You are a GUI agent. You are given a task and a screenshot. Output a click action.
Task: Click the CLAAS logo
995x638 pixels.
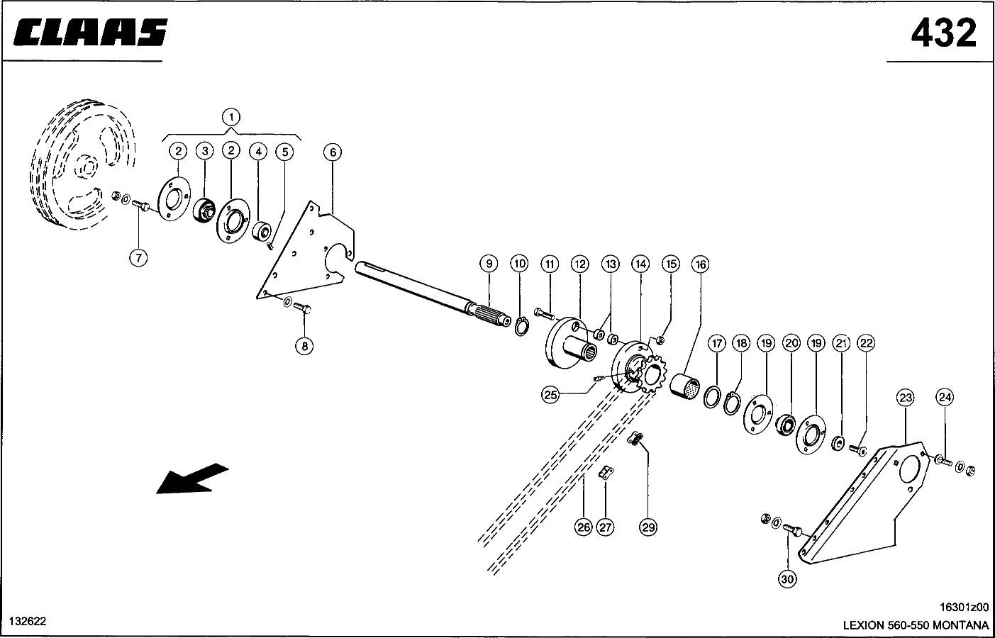91,32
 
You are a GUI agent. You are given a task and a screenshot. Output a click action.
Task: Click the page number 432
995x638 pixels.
943,33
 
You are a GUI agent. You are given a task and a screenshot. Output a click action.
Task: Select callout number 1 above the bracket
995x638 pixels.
231,118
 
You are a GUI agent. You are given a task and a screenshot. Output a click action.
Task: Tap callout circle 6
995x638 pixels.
333,152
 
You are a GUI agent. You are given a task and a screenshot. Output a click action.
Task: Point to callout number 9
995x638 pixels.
489,264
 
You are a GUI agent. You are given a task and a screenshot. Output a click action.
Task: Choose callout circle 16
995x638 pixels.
701,265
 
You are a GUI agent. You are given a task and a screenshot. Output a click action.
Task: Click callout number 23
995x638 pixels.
905,398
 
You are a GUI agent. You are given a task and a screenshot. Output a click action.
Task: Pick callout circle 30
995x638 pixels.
787,579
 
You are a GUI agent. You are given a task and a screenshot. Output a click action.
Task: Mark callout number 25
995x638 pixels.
551,394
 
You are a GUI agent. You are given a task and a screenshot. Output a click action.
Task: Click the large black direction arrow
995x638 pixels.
192,478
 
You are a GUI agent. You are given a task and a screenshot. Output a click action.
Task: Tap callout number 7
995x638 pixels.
138,258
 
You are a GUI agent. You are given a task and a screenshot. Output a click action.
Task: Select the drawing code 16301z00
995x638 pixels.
964,607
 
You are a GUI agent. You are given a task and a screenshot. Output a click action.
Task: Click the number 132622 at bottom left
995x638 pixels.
28,621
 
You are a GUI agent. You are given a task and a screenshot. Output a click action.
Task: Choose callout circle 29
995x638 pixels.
648,527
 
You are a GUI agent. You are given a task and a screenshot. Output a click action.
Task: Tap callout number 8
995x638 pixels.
304,347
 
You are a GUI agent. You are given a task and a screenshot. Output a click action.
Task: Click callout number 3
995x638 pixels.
205,152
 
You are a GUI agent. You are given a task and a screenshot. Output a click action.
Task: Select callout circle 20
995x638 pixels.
792,343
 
